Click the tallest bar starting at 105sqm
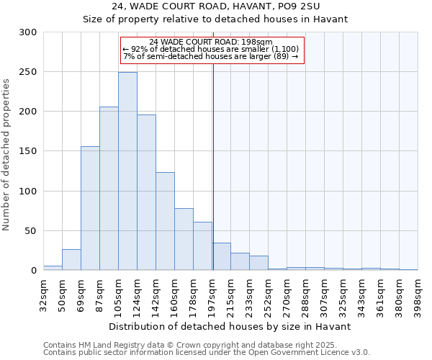click(x=127, y=171)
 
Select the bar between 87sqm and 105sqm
click(x=109, y=189)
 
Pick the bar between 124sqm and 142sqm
click(x=146, y=193)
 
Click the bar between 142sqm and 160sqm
click(x=165, y=221)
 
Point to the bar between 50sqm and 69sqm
click(x=71, y=260)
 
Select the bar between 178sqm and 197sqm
click(x=202, y=246)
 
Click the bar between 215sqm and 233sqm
click(x=240, y=262)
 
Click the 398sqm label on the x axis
click(x=418, y=293)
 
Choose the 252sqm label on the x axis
click(x=268, y=293)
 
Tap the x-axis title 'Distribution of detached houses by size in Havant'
click(x=230, y=326)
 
